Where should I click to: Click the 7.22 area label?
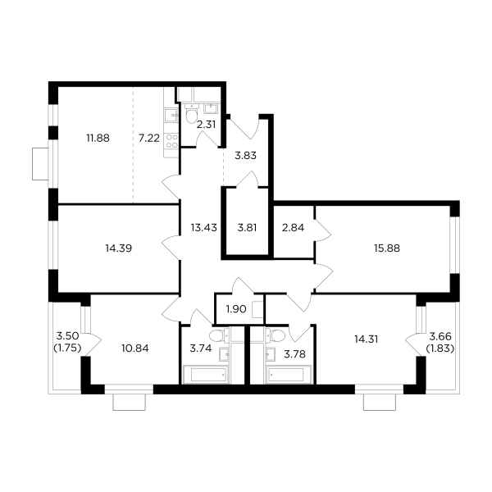[148, 139]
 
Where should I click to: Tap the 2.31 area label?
[205, 125]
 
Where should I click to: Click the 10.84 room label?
[134, 348]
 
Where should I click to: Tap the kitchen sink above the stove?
[173, 116]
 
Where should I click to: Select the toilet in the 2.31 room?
[194, 118]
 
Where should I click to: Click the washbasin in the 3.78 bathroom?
[270, 353]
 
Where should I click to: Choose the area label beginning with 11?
[98, 139]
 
